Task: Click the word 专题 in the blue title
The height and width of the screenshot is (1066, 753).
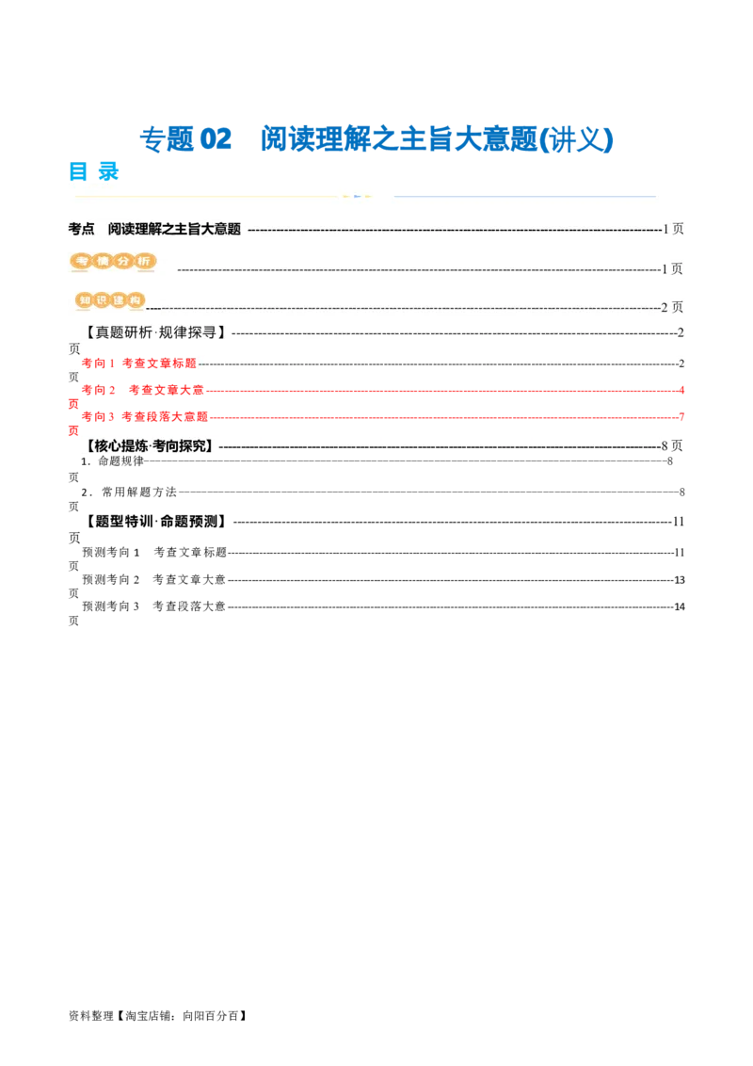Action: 166,139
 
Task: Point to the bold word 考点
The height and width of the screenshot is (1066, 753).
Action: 82,229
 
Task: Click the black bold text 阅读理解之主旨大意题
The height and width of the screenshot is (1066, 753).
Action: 174,229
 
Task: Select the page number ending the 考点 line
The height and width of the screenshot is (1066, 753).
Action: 673,229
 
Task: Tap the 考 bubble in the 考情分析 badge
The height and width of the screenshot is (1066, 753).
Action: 81,262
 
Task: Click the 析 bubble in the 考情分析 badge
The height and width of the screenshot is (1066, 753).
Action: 144,262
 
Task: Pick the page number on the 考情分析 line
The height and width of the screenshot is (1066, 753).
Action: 673,269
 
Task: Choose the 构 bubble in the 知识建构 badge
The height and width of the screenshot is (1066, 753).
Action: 137,300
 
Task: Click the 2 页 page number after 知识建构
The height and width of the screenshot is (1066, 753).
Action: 672,307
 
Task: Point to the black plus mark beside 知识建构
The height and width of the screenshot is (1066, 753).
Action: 153,307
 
